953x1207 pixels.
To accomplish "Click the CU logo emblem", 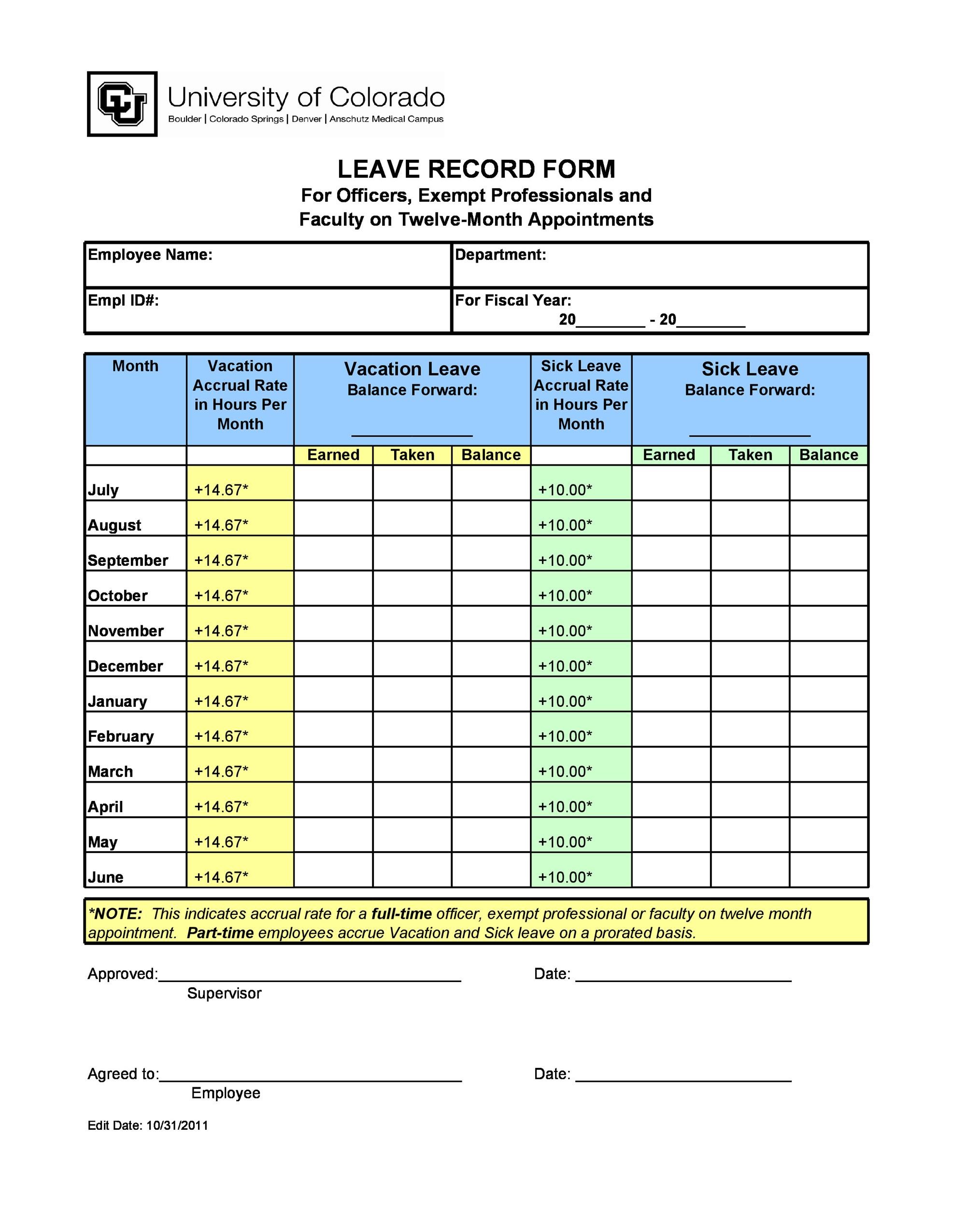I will tap(122, 104).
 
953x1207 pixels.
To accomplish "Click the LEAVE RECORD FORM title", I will tap(476, 169).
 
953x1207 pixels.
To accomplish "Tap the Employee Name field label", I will tap(150, 255).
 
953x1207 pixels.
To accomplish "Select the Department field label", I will tap(500, 255).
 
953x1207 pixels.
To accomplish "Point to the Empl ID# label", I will tap(123, 301).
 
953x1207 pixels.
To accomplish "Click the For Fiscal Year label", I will tap(513, 301).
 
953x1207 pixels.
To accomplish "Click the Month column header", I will tap(136, 366).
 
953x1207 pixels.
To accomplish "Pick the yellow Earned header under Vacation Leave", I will tap(333, 455).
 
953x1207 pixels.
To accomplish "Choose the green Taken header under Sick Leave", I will tap(750, 455).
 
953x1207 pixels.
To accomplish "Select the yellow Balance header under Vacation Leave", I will tap(491, 455).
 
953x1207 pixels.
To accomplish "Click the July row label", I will tap(103, 490).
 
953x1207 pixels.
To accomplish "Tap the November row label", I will tap(126, 631).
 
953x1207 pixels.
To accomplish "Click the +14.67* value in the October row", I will tap(221, 596).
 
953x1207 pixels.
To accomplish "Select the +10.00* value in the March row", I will tap(565, 772).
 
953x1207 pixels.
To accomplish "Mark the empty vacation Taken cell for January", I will tap(412, 694).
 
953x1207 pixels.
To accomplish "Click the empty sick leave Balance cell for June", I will tap(828, 870).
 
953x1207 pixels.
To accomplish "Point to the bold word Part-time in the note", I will tap(220, 933).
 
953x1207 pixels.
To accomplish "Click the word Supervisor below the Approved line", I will tap(224, 994).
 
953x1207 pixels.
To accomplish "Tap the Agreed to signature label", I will tap(123, 1074).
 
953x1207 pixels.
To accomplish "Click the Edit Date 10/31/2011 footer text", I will tap(148, 1125).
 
